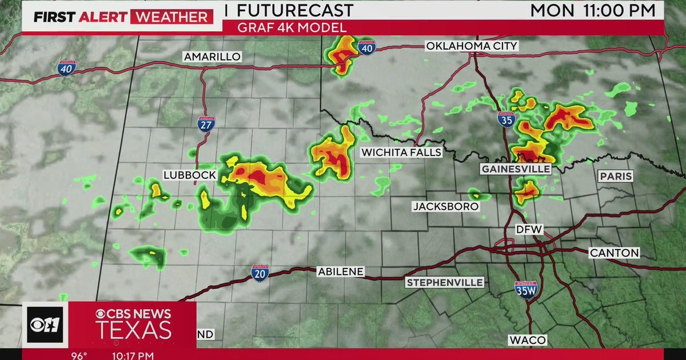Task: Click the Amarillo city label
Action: tap(212, 57)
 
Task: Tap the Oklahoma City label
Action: tap(472, 46)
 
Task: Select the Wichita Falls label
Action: tap(401, 153)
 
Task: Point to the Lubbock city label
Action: tap(189, 175)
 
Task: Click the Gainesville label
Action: tap(516, 169)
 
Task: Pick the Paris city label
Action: tap(616, 177)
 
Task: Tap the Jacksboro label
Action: tap(437, 206)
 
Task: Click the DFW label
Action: tap(529, 230)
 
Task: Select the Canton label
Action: tap(615, 253)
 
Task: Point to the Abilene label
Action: tap(341, 272)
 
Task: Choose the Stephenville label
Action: tap(445, 282)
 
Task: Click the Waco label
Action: tap(528, 340)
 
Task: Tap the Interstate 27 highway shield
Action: tap(205, 124)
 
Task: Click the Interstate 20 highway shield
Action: tap(260, 273)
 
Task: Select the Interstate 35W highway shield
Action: tap(525, 290)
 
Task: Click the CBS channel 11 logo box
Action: tap(45, 324)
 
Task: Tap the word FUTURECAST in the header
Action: tap(295, 10)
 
